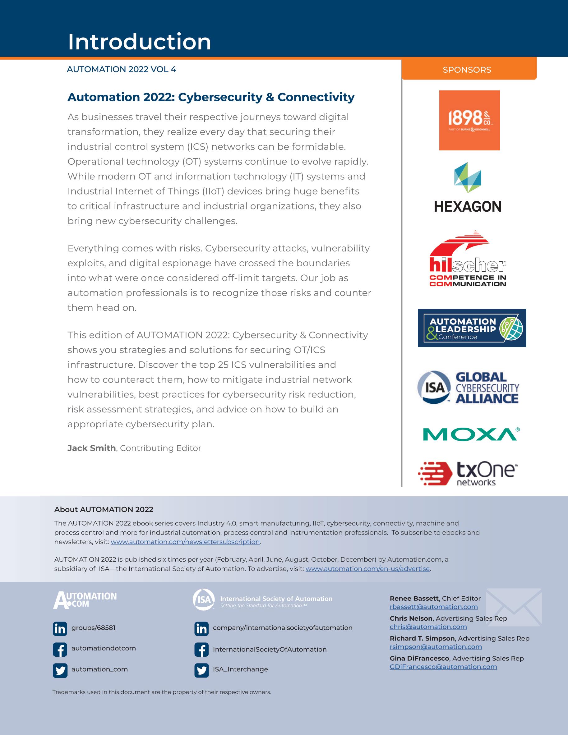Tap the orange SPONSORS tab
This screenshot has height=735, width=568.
tap(467, 70)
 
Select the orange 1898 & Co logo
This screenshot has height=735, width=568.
tap(469, 120)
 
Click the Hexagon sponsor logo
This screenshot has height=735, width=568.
tap(468, 187)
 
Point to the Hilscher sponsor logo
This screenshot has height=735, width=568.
tap(468, 259)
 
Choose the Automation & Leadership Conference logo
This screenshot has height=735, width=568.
tap(472, 328)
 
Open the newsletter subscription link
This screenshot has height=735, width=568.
tap(185, 542)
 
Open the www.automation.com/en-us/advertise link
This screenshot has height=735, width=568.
tap(368, 569)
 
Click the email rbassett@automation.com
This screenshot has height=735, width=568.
tap(434, 607)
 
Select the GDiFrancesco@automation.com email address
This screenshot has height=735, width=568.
tap(443, 667)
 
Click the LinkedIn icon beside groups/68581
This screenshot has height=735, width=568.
tap(60, 629)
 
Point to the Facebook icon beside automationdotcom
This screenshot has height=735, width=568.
tap(60, 650)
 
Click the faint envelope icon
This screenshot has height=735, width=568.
tap(514, 608)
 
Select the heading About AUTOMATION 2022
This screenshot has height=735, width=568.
tap(104, 509)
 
